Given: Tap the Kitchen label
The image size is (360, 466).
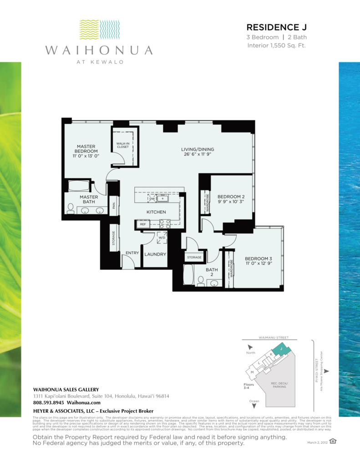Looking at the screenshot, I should click(156, 212).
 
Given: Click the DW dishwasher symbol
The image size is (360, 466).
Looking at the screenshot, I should click(152, 199).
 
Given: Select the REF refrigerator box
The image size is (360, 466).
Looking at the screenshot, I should click(142, 224).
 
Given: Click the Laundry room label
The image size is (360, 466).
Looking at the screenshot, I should click(155, 254).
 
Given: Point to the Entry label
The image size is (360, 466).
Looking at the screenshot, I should click(132, 253).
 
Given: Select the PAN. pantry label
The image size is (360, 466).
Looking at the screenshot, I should click(112, 206).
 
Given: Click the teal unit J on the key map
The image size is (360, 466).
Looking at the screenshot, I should click(283, 349).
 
